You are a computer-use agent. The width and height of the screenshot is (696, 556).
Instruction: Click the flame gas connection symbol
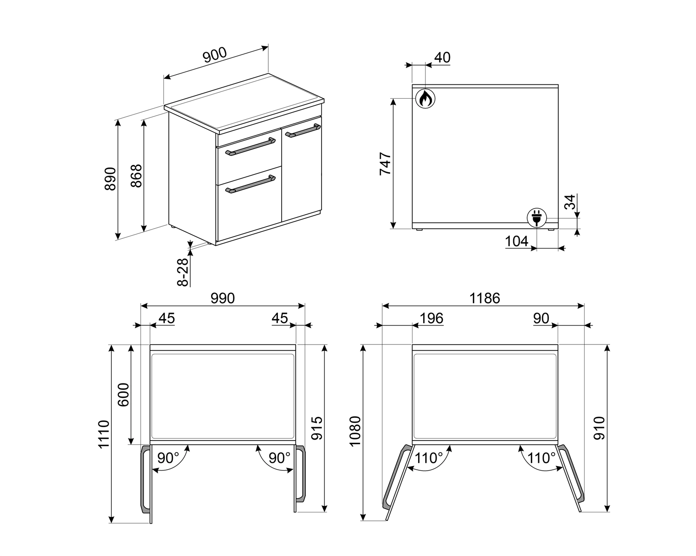pyautogui.click(x=425, y=98)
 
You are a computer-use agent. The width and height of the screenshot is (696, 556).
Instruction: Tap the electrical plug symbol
pyautogui.click(x=536, y=217)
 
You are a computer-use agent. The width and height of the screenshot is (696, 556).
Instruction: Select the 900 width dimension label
pyautogui.click(x=215, y=55)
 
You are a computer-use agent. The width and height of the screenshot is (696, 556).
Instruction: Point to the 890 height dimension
pyautogui.click(x=110, y=179)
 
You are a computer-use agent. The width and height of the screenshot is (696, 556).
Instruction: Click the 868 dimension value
pyautogui.click(x=136, y=176)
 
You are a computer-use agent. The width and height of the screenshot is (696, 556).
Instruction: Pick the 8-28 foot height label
pyautogui.click(x=183, y=272)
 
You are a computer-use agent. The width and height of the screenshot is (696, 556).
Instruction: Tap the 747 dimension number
pyautogui.click(x=385, y=164)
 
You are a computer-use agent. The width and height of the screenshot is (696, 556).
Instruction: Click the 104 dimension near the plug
pyautogui.click(x=516, y=241)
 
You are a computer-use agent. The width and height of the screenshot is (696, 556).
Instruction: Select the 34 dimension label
pyautogui.click(x=570, y=202)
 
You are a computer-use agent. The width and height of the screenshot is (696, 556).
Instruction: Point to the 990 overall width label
pyautogui.click(x=223, y=298)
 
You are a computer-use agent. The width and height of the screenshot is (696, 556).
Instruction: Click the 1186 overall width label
pyautogui.click(x=484, y=298)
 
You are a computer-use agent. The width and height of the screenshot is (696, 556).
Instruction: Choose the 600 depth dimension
pyautogui.click(x=123, y=395)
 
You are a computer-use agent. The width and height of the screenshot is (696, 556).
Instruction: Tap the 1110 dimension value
pyautogui.click(x=104, y=434)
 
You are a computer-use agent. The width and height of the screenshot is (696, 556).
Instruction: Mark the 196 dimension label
pyautogui.click(x=432, y=319)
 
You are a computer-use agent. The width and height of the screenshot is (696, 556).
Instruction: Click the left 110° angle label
pyautogui.click(x=429, y=458)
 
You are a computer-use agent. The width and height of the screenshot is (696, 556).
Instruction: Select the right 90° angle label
pyautogui.click(x=279, y=458)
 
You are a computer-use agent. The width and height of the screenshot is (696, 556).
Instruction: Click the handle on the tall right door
pyautogui.click(x=303, y=130)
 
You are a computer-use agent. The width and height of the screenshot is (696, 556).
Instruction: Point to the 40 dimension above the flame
pyautogui.click(x=442, y=58)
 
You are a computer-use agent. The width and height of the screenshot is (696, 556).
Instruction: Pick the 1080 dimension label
pyautogui.click(x=355, y=431)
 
